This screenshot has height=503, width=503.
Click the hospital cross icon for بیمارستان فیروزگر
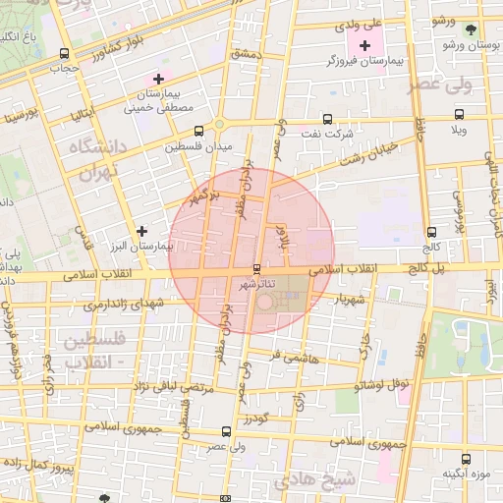click(365, 46)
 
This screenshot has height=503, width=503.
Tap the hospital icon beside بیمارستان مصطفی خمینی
click(157, 78)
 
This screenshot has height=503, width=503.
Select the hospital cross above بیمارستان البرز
click(142, 231)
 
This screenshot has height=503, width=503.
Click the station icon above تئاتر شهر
click(257, 268)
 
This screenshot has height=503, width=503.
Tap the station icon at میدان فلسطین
click(199, 131)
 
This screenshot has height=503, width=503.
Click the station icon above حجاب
click(64, 54)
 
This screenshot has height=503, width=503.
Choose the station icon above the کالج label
click(433, 220)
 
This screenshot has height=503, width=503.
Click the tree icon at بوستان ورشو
click(471, 29)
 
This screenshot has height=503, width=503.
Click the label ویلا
click(458, 130)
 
